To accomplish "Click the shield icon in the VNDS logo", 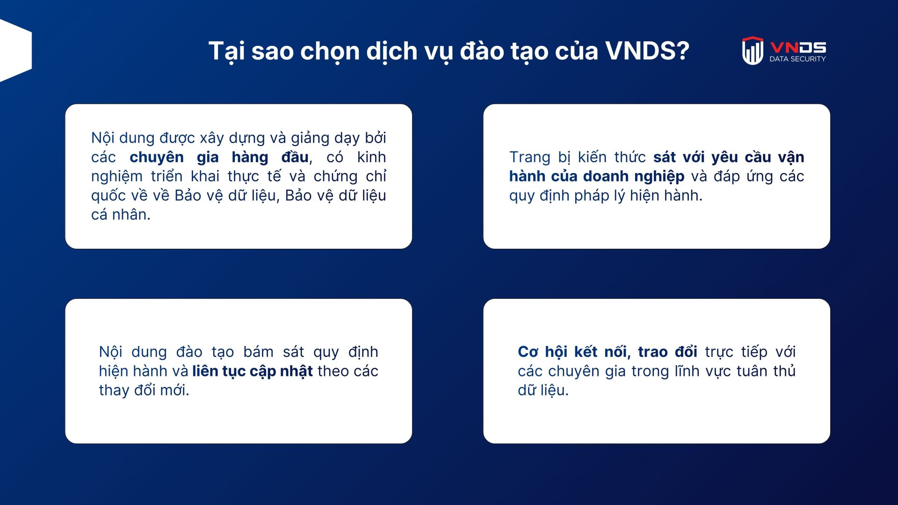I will pos(753,50).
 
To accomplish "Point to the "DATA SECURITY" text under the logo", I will pos(797,59).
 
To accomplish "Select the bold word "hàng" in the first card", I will pos(250,157).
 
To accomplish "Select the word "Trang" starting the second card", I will pos(530,157).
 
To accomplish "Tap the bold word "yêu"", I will pos(725,157).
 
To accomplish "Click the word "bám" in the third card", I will pos(258,352).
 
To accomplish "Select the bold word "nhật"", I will pos(297,371).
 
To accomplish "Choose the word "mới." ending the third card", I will pos(174,390).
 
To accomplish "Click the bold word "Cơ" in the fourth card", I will pos(528,352).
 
